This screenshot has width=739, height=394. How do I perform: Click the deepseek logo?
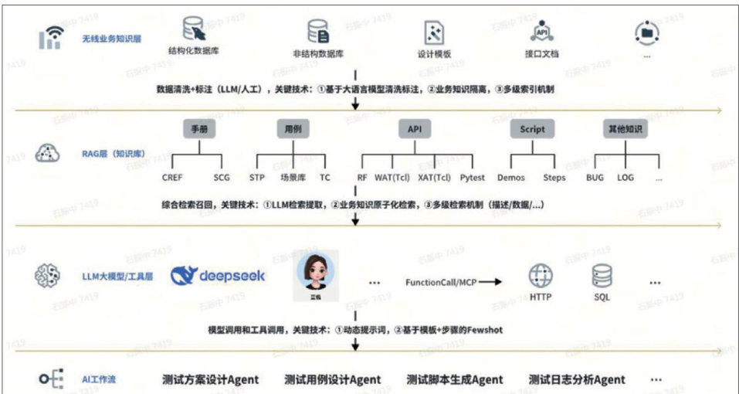[x=218, y=276]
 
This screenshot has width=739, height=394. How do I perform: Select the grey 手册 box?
[x=198, y=129]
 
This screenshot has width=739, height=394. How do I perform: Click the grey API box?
[x=415, y=129]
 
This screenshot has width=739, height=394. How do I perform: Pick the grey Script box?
[x=532, y=129]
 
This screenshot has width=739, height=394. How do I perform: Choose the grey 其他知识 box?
[x=625, y=129]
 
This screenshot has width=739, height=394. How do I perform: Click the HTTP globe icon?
[x=540, y=276]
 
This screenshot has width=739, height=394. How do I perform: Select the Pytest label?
[x=472, y=178]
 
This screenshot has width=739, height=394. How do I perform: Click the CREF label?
[x=172, y=178]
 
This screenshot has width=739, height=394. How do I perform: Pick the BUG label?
[x=595, y=178]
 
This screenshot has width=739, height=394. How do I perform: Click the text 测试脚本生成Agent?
[x=455, y=379]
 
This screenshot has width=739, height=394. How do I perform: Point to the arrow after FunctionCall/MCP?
[x=490, y=282]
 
